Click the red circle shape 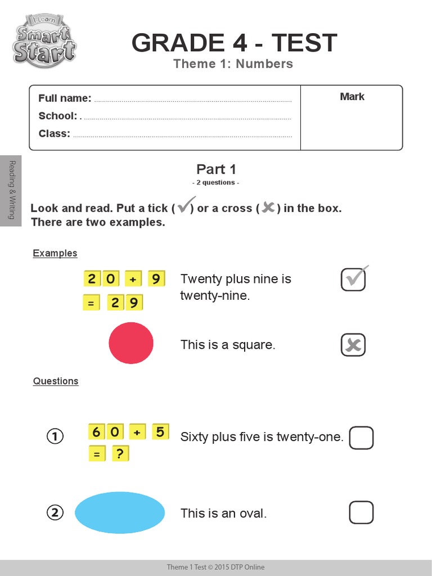[131, 343]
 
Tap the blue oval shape [120, 512]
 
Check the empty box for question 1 [361, 438]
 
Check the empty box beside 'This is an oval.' [361, 512]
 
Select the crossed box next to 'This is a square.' [353, 345]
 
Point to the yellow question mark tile [120, 453]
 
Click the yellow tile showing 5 [160, 432]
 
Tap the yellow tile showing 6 [96, 432]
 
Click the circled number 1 [55, 436]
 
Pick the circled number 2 [55, 513]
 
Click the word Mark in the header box [352, 97]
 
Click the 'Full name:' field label [65, 98]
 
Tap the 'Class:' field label [54, 134]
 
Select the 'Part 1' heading [216, 169]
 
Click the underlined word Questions [56, 381]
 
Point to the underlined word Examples [55, 253]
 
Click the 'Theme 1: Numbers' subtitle [233, 64]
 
